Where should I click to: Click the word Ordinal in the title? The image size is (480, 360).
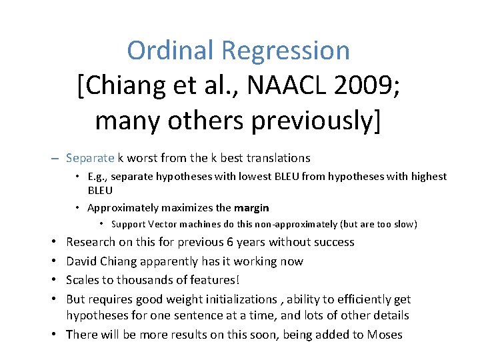pos(171,51)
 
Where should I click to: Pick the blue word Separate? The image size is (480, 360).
pos(91,158)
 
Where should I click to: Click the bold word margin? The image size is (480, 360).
pos(251,207)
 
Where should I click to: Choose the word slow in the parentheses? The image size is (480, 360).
pos(401,224)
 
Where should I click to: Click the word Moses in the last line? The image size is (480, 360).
pos(385,335)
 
